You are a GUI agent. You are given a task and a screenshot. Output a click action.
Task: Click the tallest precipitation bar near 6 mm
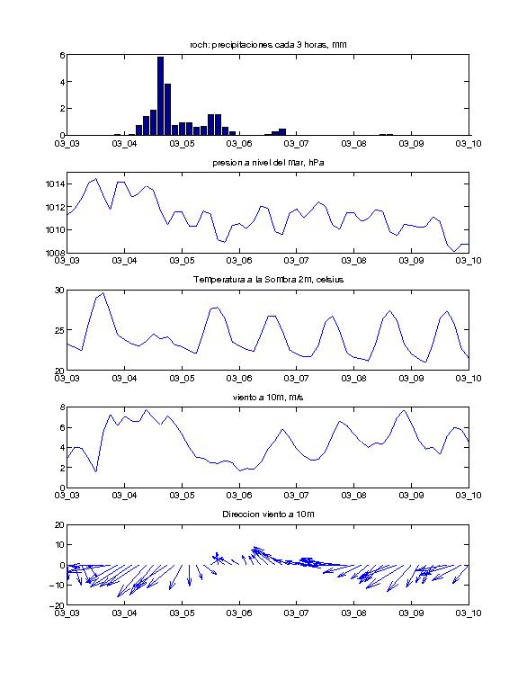[x=160, y=96]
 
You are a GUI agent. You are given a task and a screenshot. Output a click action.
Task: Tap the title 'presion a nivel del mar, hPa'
[x=268, y=163]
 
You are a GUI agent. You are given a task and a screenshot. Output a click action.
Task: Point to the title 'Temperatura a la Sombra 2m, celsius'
[x=268, y=280]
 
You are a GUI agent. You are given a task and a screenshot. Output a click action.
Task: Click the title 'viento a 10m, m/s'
[x=268, y=398]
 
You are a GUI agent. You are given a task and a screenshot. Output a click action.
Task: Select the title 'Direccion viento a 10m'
[x=268, y=514]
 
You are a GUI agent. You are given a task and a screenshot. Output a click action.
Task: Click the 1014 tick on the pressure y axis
[x=55, y=184]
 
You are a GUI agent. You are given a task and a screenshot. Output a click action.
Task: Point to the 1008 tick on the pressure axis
[x=55, y=253]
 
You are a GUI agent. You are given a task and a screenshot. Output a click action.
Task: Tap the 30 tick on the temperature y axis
[x=59, y=291]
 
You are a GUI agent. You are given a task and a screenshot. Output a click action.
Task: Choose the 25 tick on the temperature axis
[x=59, y=330]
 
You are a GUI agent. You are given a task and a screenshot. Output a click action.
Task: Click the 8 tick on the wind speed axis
[x=62, y=407]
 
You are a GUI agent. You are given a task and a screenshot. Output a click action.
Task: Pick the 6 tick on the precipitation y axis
[x=62, y=55]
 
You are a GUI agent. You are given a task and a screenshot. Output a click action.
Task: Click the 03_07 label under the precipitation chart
[x=297, y=144]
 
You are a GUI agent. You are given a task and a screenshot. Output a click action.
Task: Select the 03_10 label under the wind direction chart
[x=469, y=613]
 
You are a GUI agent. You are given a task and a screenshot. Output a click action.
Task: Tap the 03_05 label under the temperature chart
[x=182, y=379]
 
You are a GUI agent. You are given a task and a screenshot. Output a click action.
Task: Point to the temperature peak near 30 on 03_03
[x=103, y=293]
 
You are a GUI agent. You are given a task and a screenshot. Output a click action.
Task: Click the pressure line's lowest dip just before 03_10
[x=454, y=251]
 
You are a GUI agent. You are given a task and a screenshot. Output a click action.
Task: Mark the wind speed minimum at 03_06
[x=240, y=470]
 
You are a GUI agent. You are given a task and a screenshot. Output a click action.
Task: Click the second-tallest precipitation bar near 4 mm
[x=168, y=110]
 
